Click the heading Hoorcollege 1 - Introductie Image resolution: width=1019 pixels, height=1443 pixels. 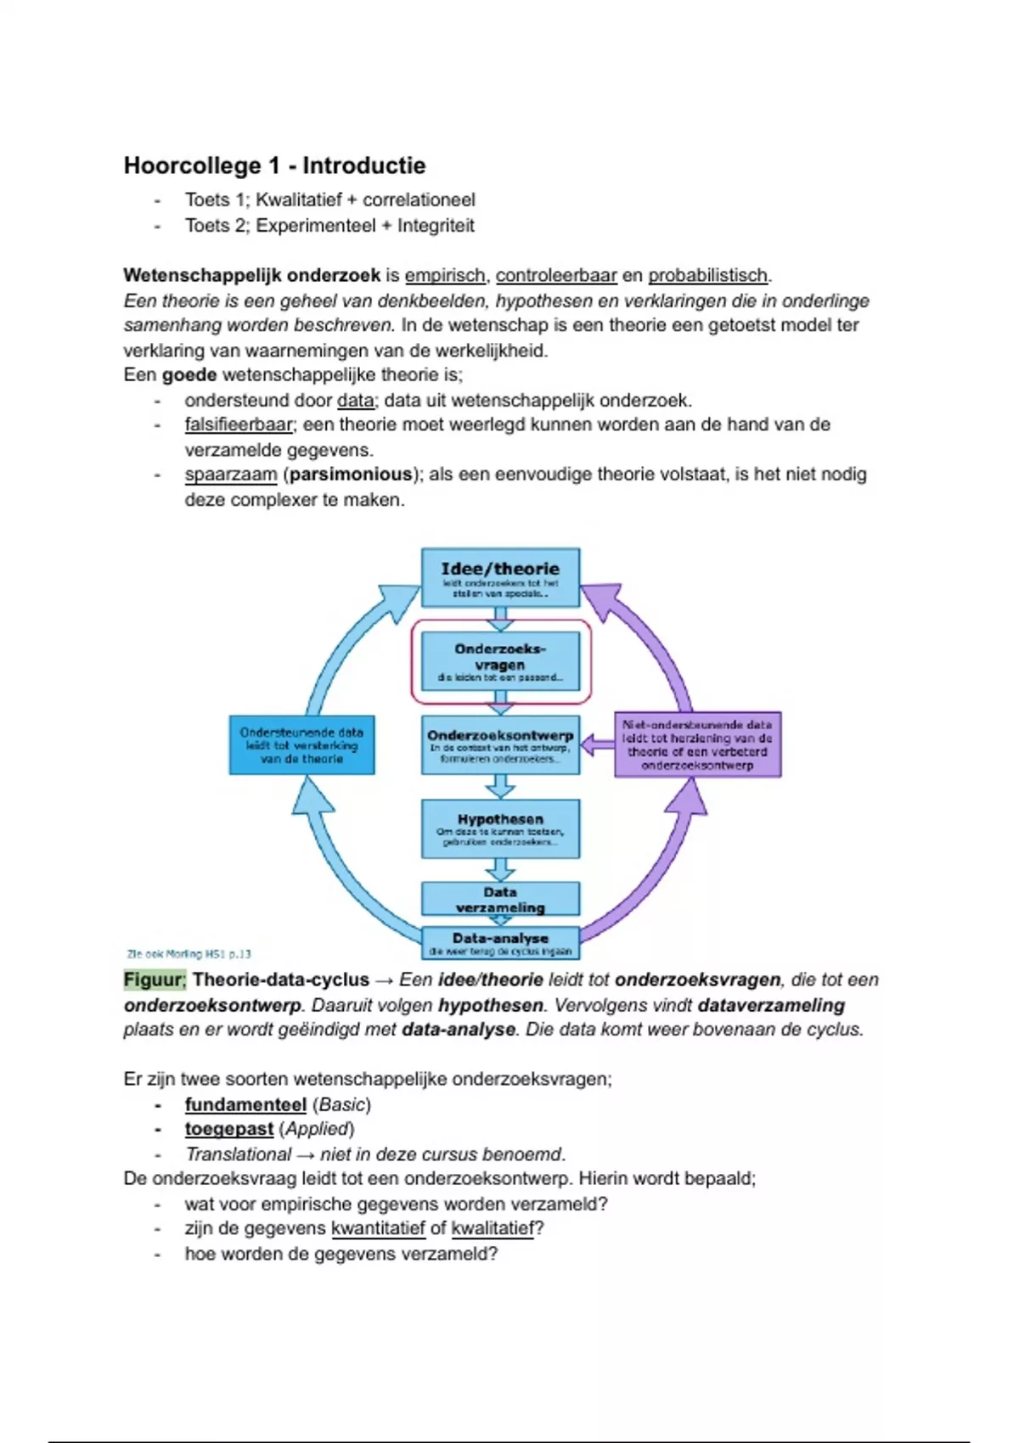[274, 166]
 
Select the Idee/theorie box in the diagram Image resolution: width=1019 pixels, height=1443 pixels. [500, 577]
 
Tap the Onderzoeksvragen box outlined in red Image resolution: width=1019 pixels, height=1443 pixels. [500, 661]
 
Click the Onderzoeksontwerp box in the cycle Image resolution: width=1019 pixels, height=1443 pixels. [500, 744]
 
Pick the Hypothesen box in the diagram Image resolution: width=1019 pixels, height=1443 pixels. [500, 828]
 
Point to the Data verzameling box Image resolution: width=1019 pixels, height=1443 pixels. [500, 899]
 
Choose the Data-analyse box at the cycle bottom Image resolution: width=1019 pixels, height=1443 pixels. [500, 942]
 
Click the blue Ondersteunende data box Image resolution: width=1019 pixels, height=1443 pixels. [301, 744]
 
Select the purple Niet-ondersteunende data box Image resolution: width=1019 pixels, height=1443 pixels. [697, 744]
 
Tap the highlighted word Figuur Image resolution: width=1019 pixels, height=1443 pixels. [154, 980]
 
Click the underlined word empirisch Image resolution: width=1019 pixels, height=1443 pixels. [445, 276]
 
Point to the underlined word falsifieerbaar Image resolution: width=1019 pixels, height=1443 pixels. [239, 424]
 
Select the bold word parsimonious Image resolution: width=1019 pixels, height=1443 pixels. [351, 474]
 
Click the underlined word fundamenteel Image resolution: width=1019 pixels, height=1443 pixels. [245, 1104]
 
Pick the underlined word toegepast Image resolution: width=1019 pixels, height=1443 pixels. [229, 1129]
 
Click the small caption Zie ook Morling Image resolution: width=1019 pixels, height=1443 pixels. [189, 953]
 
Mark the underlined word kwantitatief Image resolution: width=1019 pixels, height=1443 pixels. [378, 1228]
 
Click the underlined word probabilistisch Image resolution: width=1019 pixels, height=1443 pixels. [707, 276]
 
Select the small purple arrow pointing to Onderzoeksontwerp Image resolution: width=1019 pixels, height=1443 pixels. [598, 744]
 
